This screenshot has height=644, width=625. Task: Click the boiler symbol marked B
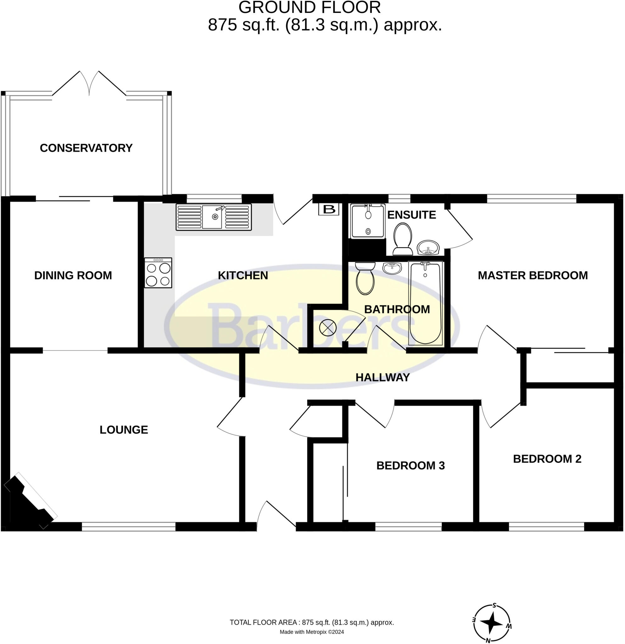pos(329,209)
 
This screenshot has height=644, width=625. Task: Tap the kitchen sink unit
pos(214,217)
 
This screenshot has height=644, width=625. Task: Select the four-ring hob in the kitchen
pos(158,273)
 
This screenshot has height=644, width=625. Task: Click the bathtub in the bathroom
pos(425,303)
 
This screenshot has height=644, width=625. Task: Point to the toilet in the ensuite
pos(403,239)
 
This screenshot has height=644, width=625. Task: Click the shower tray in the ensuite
pos(367,221)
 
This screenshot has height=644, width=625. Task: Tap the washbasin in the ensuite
pos(428,247)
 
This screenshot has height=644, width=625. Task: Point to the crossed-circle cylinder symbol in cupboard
pos(328,328)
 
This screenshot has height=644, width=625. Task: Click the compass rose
pos(492,623)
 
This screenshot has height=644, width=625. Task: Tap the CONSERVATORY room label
pos(86,148)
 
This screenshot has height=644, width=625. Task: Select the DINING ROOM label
pos(73,275)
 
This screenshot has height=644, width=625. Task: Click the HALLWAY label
pos(382,378)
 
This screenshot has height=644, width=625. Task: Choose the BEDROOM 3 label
pos(410,466)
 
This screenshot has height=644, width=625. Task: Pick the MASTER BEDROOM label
pos(533,275)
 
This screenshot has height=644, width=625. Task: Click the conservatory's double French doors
pos(89,84)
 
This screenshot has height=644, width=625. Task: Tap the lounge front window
pos(128,526)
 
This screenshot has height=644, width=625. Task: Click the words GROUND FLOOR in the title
pos(309,8)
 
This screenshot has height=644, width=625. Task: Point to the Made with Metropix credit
pos(311,632)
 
